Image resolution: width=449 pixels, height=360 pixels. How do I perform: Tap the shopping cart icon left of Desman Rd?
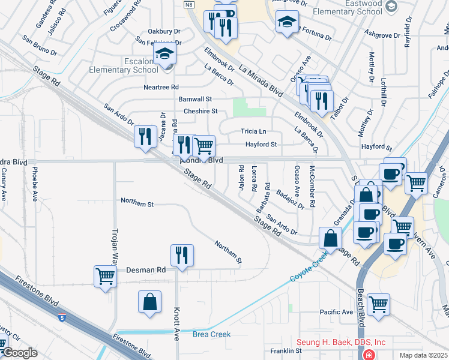[106, 277]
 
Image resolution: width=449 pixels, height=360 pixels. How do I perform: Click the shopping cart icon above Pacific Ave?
[378, 304]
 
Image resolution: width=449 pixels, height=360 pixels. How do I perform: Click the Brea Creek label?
[212, 334]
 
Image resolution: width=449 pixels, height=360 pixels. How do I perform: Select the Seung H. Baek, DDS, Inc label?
[342, 342]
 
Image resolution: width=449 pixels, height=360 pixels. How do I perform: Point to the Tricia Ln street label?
[253, 131]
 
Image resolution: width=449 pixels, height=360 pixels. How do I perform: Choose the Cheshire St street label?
[200, 111]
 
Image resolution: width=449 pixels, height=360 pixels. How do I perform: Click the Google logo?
[20, 353]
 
